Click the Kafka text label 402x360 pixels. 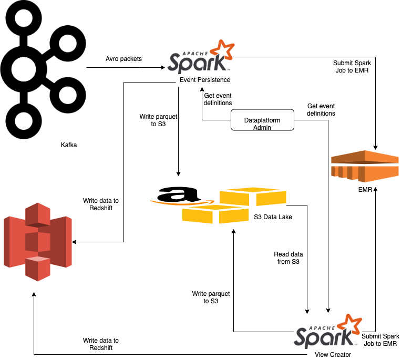tap(69, 145)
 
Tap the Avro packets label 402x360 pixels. tap(124, 58)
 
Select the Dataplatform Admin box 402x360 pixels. tap(262, 124)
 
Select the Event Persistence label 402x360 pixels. tap(204, 79)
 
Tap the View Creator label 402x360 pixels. tap(333, 354)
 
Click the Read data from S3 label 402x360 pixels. tap(288, 258)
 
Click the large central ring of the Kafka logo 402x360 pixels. tap(24, 69)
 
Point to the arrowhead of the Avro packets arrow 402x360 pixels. tap(163, 67)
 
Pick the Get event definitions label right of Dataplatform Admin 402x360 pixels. tap(321, 109)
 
